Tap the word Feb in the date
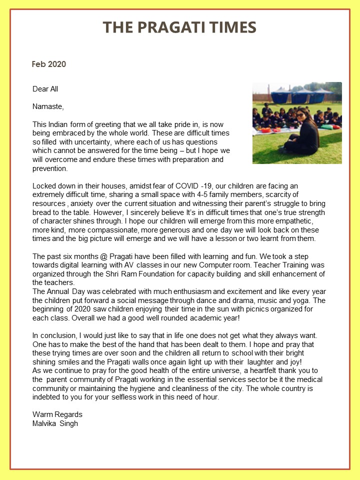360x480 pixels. (38, 64)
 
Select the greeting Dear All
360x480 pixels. (45, 89)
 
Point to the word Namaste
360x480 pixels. (48, 106)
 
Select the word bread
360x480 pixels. (42, 212)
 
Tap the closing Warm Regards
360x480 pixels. (57, 414)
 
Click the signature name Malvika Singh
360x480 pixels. (55, 423)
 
